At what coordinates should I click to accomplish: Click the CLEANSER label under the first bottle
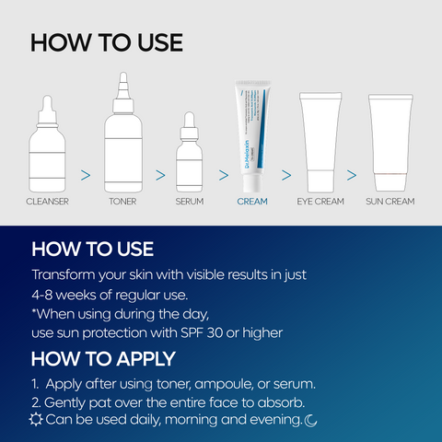click(x=47, y=200)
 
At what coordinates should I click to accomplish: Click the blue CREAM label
click(x=251, y=200)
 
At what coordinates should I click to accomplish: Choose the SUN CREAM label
click(x=390, y=200)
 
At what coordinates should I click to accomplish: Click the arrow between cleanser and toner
click(x=86, y=173)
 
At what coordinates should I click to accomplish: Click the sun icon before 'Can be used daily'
click(x=36, y=421)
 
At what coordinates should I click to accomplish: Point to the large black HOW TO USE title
click(x=106, y=43)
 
